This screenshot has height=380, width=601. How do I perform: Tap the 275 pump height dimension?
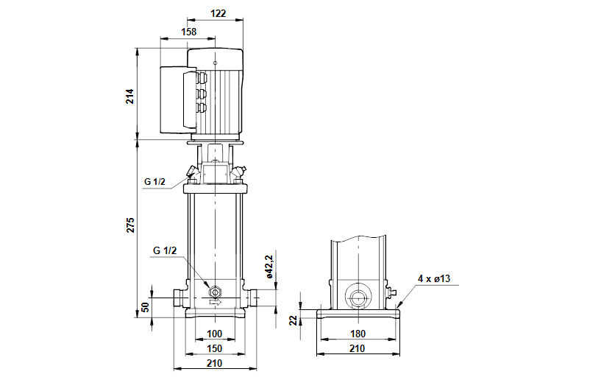(x=129, y=226)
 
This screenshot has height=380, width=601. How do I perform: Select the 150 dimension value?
(x=214, y=348)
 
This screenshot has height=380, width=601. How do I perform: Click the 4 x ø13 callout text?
(x=433, y=278)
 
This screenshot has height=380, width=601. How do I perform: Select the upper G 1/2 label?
(x=156, y=180)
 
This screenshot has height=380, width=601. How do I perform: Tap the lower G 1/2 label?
(x=164, y=251)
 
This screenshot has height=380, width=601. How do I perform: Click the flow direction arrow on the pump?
(x=215, y=301)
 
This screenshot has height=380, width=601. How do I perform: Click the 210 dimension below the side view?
(x=358, y=348)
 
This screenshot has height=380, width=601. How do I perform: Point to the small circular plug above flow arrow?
(x=214, y=289)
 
